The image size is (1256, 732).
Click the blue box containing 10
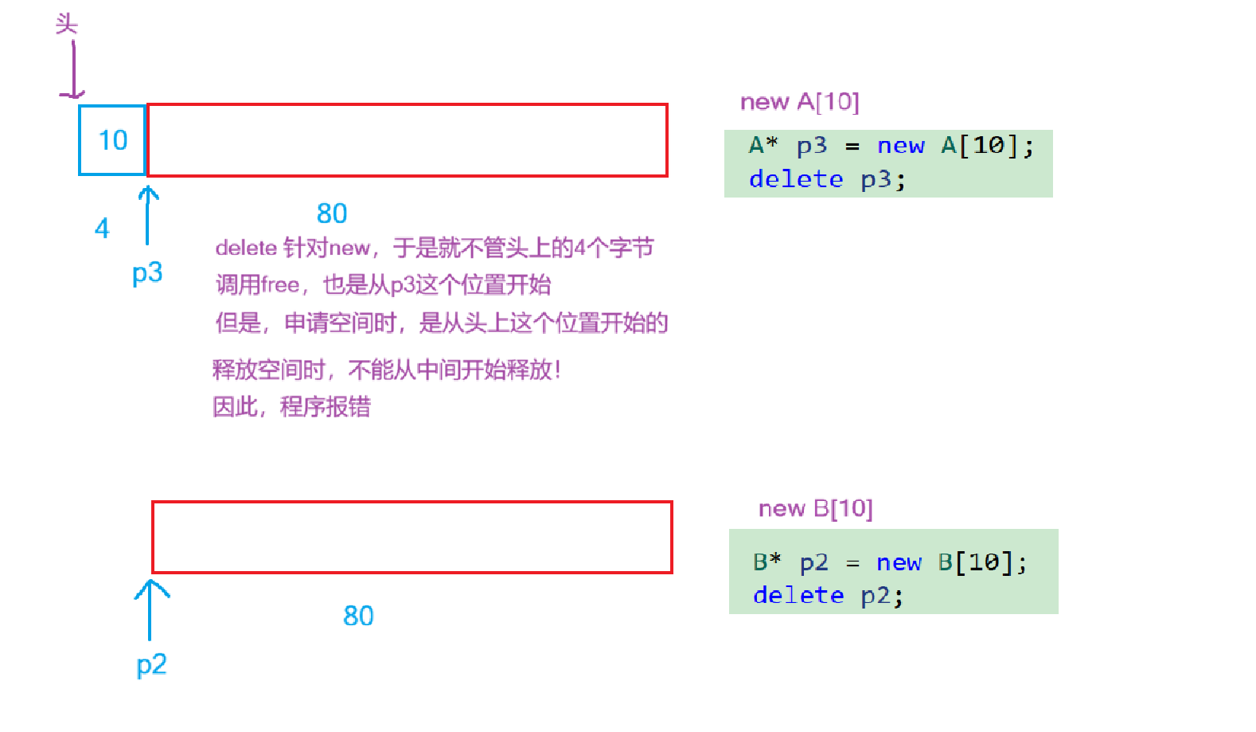point(112,140)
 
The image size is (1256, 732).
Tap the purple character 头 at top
point(67,24)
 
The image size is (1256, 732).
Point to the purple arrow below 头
point(72,70)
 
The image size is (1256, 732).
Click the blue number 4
point(102,229)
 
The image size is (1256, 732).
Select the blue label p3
point(147,272)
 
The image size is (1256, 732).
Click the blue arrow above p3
point(147,215)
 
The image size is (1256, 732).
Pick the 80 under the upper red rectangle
point(332,213)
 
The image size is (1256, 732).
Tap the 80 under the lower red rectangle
point(358,616)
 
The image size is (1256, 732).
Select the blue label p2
point(151,664)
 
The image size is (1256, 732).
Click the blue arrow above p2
point(150,610)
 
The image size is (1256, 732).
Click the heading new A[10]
point(799,102)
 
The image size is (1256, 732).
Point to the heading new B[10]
point(815,508)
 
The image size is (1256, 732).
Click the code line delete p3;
point(827,179)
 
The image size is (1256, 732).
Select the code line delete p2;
point(828,595)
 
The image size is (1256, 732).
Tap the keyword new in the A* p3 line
point(901,146)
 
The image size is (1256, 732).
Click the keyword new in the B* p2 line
point(899,562)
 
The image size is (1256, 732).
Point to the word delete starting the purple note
point(246,248)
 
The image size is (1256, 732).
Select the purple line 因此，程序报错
point(291,407)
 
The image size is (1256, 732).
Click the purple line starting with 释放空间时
point(387,370)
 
